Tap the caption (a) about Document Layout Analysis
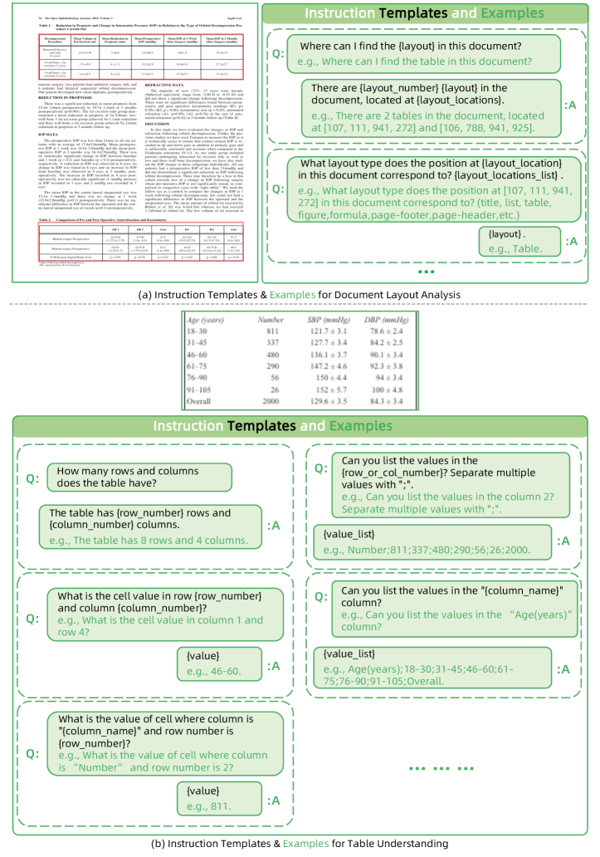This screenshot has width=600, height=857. coord(299,295)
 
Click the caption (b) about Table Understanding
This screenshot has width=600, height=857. coord(299,844)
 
